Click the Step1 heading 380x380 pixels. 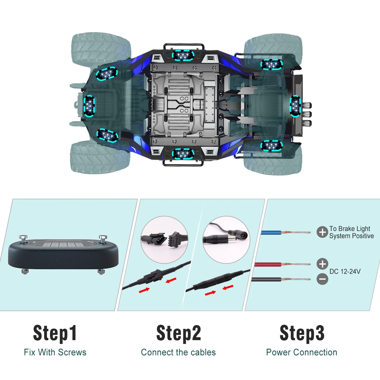click(x=55, y=333)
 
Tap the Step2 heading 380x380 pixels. click(x=179, y=333)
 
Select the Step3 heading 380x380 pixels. click(x=302, y=333)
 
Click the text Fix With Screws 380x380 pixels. click(x=55, y=352)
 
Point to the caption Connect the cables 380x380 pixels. click(x=178, y=352)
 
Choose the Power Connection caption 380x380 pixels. click(x=302, y=352)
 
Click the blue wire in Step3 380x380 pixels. click(x=272, y=233)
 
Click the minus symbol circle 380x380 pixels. click(x=322, y=279)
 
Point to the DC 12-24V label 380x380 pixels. click(x=345, y=272)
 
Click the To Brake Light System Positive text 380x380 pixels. click(x=351, y=232)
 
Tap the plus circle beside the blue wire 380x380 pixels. click(x=322, y=232)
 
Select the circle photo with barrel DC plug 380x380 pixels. click(x=226, y=239)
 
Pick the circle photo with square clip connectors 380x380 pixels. click(x=164, y=239)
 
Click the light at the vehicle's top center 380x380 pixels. click(x=183, y=56)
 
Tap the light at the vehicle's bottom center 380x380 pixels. click(x=183, y=154)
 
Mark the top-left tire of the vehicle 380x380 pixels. click(x=101, y=47)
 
